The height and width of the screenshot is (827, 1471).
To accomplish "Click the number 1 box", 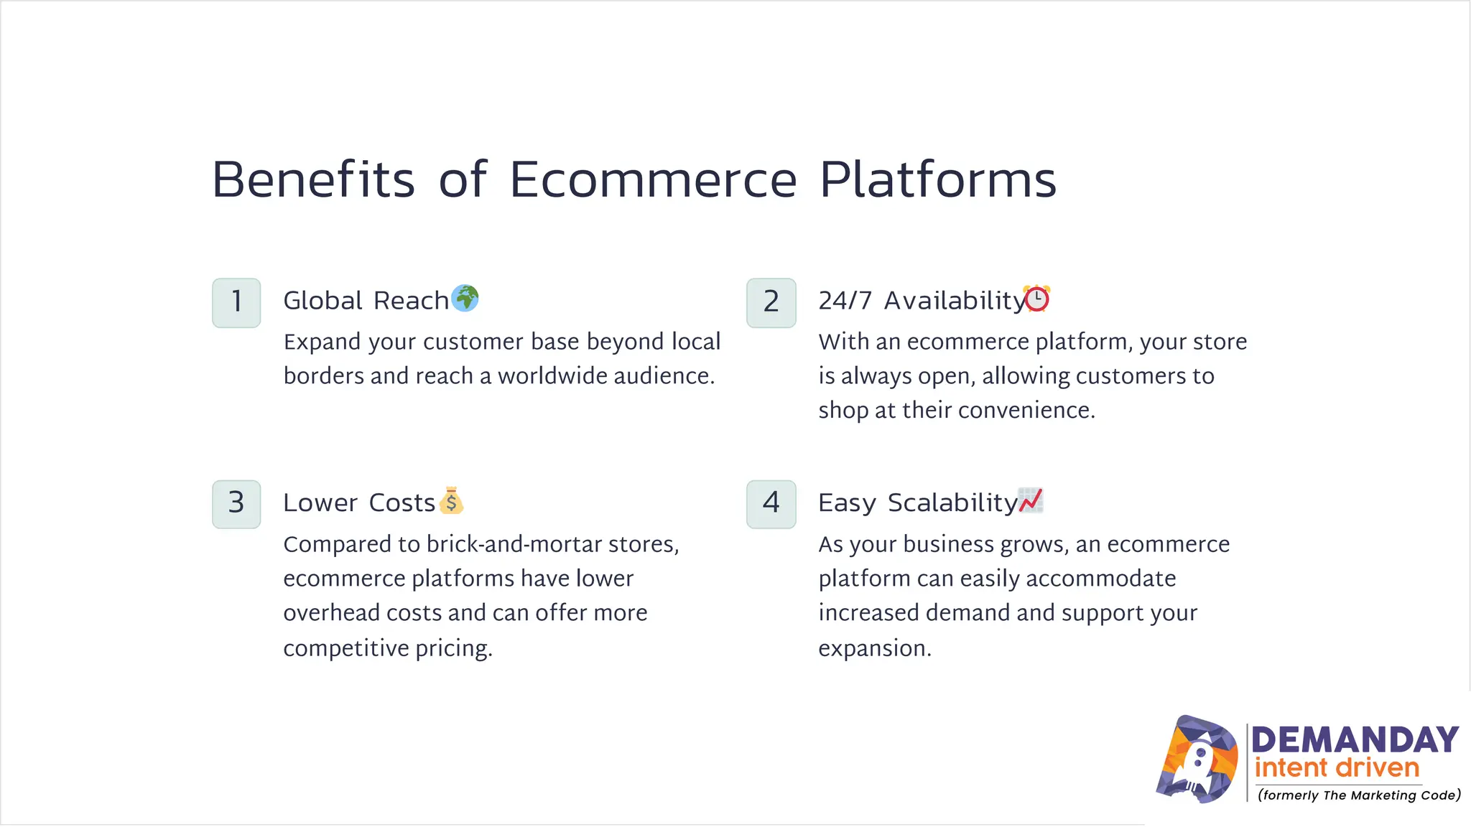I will (x=236, y=302).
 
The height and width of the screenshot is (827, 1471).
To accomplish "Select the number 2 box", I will (x=771, y=302).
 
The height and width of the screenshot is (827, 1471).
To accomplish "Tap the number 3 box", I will (x=236, y=504).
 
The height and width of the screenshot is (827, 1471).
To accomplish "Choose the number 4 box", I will (x=771, y=504).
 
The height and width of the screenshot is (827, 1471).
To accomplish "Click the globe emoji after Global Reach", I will (x=465, y=298).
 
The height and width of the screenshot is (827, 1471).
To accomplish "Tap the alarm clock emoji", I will (x=1037, y=298).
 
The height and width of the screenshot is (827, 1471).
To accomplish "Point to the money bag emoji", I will (x=451, y=501).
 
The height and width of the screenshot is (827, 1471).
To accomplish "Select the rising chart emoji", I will (x=1031, y=500).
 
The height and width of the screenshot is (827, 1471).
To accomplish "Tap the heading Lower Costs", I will (x=359, y=503).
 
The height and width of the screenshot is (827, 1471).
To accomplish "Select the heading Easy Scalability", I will (x=918, y=503).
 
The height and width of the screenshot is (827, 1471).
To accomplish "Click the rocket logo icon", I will (x=1197, y=760).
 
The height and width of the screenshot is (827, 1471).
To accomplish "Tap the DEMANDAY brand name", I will (x=1355, y=739).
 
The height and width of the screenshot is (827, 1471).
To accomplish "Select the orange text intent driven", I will (x=1337, y=768).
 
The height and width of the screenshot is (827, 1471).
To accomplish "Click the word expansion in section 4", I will (x=874, y=648).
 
